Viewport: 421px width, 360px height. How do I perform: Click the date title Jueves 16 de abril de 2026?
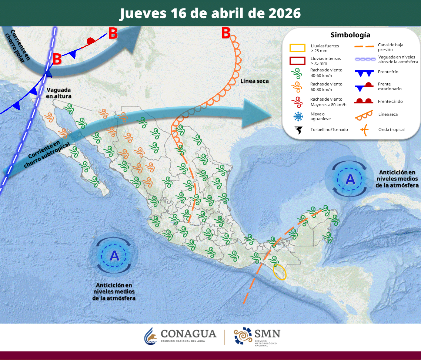coord(210,13)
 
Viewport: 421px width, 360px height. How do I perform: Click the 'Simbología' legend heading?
coord(350,35)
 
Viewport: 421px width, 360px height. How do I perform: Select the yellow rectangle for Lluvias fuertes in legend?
coord(297,48)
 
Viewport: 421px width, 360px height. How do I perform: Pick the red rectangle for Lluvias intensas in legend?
coord(297,60)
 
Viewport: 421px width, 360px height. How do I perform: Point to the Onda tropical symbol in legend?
coord(364,129)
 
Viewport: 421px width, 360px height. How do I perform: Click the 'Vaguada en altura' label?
coord(59,93)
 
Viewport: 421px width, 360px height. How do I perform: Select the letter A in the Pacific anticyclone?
coord(114,255)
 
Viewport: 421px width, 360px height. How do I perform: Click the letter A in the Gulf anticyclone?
coord(350,179)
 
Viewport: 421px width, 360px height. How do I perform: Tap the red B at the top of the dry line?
coord(225,33)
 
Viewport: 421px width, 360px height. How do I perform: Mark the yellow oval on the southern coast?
coord(280,271)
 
